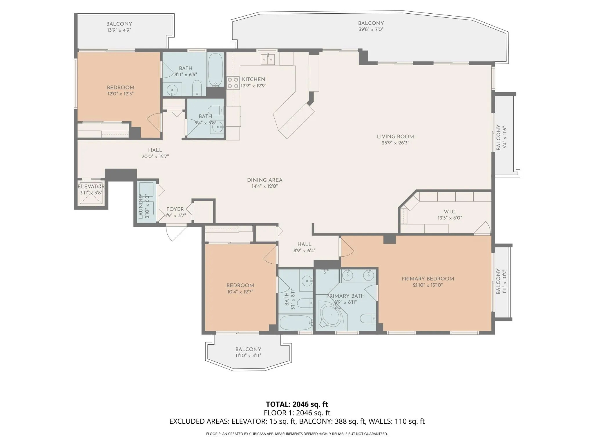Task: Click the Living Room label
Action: (x=395, y=136)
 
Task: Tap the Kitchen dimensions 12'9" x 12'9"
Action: (x=253, y=86)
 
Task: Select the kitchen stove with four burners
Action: (x=233, y=82)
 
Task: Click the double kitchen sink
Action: (x=268, y=60)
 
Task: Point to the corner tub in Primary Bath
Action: (x=330, y=315)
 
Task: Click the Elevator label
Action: (x=91, y=186)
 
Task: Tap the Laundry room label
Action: (x=141, y=206)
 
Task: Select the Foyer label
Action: (x=175, y=209)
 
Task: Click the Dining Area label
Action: (x=265, y=180)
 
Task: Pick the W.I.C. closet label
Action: (x=450, y=212)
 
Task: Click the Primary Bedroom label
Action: (x=428, y=279)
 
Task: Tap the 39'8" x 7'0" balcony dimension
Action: (x=371, y=29)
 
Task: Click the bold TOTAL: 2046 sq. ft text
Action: (x=297, y=404)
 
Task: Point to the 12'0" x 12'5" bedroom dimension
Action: (x=121, y=94)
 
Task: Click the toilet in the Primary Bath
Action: (x=368, y=319)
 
